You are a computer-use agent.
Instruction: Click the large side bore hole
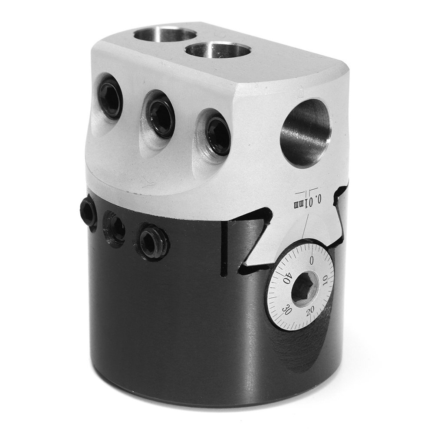tap(306, 132)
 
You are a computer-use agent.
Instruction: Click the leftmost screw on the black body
tap(89, 212)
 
